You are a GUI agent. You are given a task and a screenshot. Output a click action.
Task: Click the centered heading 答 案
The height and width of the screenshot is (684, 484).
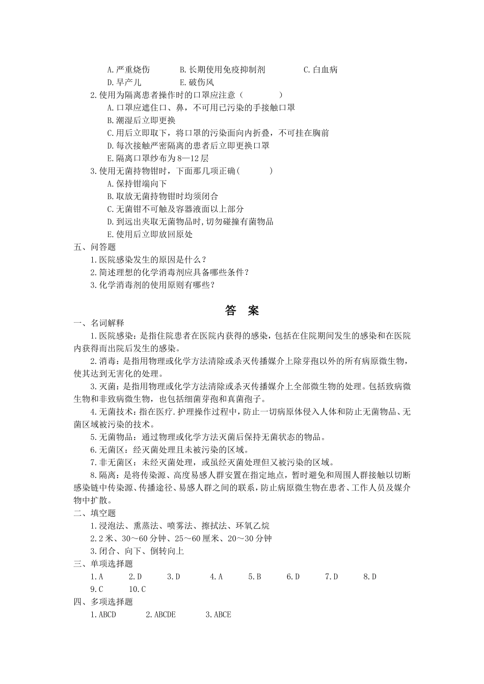coord(242,310)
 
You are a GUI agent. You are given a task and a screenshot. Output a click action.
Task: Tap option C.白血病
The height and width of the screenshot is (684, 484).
coord(320,70)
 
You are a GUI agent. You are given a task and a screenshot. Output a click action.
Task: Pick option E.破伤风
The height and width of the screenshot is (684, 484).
coord(197,82)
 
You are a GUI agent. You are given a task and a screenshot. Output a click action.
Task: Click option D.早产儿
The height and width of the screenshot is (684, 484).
coord(124,82)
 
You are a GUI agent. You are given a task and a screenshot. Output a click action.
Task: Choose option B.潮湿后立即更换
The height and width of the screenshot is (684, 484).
coord(141,121)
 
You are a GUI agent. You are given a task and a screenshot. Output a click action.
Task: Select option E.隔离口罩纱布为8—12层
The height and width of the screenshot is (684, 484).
coord(157,158)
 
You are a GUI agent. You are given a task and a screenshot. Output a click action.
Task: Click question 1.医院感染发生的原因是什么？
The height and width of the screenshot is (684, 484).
coord(148,260)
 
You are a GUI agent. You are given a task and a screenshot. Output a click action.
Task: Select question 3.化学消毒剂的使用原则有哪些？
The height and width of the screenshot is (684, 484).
coord(152,286)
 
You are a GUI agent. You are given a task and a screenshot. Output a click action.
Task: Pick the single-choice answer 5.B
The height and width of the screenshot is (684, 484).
coord(255,577)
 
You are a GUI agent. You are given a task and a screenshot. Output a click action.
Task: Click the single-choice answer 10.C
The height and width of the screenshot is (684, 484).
coord(137,589)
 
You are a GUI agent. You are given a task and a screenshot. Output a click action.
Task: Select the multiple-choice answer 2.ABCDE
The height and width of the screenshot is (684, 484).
coord(160,615)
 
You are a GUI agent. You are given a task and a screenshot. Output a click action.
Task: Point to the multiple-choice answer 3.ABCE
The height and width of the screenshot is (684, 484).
coord(218,615)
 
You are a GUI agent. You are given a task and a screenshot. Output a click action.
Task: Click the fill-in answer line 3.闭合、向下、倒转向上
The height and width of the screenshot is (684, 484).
coord(137,551)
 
